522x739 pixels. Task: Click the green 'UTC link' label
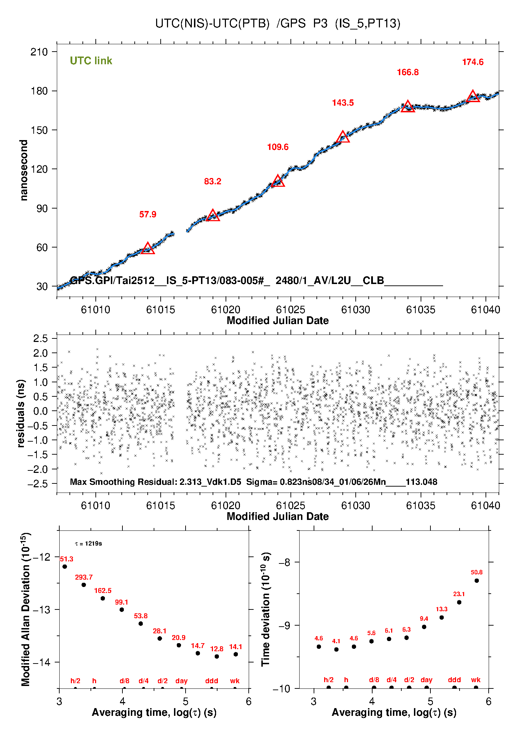[x=91, y=61]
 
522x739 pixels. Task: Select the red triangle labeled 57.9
[x=148, y=248]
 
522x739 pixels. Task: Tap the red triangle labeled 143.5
[x=343, y=137]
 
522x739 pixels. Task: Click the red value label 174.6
[x=473, y=62]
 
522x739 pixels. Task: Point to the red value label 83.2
[x=213, y=182]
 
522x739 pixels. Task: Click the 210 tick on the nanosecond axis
[x=39, y=52]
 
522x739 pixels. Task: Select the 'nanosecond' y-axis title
[x=24, y=170]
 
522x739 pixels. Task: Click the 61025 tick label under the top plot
[x=290, y=310]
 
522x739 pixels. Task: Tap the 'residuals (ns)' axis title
[x=21, y=413]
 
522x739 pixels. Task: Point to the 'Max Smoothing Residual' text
[x=123, y=482]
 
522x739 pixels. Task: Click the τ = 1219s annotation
[x=88, y=543]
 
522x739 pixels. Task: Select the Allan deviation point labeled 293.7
[x=84, y=585]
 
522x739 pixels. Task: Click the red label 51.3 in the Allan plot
[x=67, y=559]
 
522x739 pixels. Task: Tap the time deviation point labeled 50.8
[x=477, y=580]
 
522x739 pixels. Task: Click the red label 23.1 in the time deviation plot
[x=459, y=594]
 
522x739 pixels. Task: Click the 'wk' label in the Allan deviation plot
[x=235, y=681]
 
